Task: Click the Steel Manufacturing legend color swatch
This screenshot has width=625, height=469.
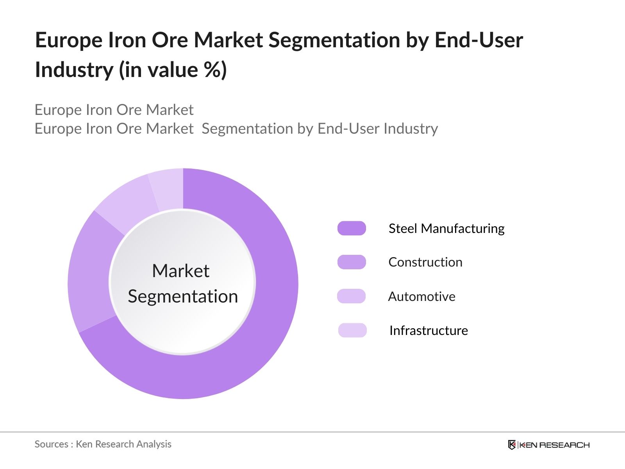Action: click(x=352, y=228)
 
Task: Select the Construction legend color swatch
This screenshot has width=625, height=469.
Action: click(x=352, y=262)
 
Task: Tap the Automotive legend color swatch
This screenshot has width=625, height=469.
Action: click(x=351, y=296)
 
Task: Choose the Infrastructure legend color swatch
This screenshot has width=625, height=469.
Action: click(x=352, y=330)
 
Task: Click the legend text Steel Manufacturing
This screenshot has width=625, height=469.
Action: click(x=446, y=228)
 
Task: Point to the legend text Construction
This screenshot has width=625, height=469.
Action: click(x=425, y=262)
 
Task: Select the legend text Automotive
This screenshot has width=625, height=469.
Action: click(x=421, y=296)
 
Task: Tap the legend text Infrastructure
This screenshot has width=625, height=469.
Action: click(x=429, y=331)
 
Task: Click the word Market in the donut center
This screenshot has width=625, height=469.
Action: click(x=180, y=271)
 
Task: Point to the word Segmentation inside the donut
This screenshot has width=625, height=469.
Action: click(x=183, y=296)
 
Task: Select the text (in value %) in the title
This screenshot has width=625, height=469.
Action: click(x=173, y=70)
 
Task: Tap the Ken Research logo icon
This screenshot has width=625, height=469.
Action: click(x=512, y=445)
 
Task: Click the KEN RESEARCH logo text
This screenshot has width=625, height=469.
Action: click(x=554, y=445)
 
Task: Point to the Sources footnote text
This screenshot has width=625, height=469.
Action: click(x=103, y=444)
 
